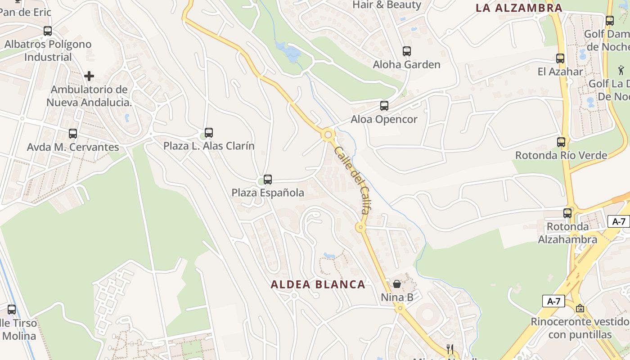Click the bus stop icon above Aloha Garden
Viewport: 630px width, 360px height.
tap(407, 51)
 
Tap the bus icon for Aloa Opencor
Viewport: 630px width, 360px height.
tap(384, 106)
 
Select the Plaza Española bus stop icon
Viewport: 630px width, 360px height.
tap(268, 180)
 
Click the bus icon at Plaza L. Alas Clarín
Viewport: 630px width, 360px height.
tap(209, 133)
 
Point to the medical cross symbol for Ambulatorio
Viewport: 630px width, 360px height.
tap(89, 76)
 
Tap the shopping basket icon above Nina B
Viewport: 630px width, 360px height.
tap(397, 284)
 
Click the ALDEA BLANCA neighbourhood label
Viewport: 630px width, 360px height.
tap(318, 284)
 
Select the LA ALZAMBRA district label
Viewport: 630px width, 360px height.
tap(519, 8)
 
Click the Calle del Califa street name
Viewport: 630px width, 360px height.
tap(352, 180)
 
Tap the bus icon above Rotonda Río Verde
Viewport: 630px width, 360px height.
tap(561, 142)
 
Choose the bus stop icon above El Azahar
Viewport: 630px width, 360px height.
tap(560, 58)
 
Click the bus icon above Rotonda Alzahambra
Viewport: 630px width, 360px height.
tap(568, 213)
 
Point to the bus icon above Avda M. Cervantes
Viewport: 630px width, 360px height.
tap(73, 134)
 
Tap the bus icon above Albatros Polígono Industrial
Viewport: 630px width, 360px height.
tap(48, 31)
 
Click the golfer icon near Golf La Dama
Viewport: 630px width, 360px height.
tap(621, 70)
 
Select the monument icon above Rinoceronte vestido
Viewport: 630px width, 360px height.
tap(580, 308)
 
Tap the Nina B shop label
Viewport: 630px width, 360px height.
tap(397, 297)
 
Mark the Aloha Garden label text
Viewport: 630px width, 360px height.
tap(407, 65)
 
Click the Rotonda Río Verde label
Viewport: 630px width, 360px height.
tap(561, 156)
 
